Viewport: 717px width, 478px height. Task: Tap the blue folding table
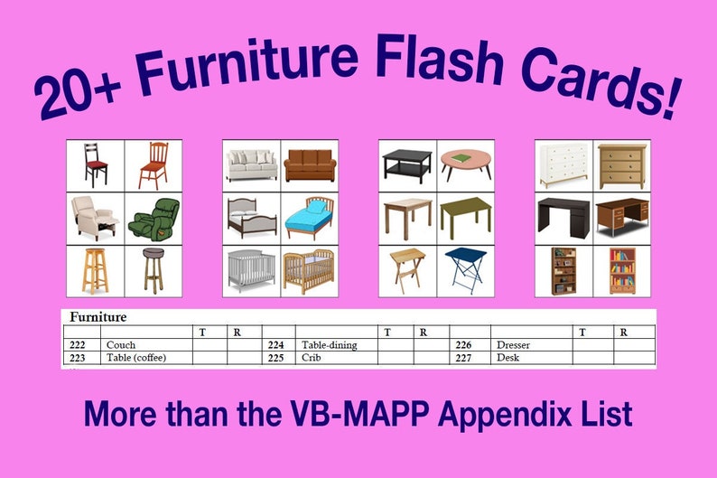click(466, 269)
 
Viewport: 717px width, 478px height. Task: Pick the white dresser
click(563, 165)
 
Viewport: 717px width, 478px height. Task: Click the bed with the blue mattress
click(309, 218)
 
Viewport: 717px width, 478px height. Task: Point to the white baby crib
click(251, 269)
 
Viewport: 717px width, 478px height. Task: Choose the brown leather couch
click(310, 166)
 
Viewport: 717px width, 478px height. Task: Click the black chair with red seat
click(95, 165)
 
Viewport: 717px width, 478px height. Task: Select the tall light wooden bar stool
click(95, 269)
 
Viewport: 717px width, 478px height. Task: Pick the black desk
click(563, 218)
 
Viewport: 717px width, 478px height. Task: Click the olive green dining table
click(466, 217)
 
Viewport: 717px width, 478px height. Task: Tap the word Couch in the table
click(121, 345)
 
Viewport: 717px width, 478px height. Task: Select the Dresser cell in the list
click(513, 345)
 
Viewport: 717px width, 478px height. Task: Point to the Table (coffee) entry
click(136, 358)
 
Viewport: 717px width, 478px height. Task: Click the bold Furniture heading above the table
click(98, 317)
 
